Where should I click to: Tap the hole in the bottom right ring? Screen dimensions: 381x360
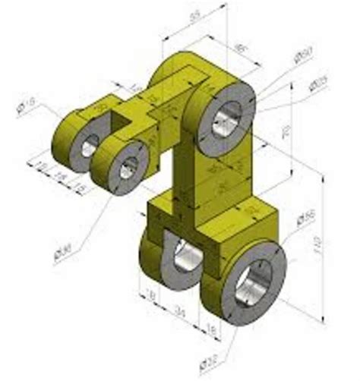pos(253,282)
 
